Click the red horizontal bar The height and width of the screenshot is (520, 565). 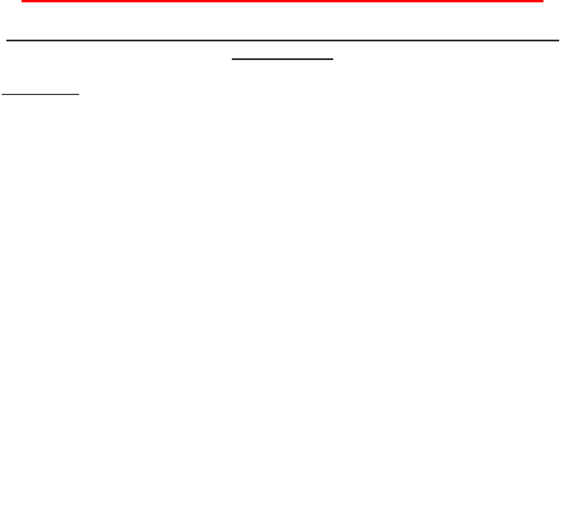(282, 2)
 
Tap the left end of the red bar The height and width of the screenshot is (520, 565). (23, 2)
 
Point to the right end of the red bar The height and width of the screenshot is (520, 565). (542, 2)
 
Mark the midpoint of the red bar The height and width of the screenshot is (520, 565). (282, 2)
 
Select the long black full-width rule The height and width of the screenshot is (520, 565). (282, 41)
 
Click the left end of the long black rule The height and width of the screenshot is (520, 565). (7, 41)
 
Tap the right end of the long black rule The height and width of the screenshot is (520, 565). (558, 41)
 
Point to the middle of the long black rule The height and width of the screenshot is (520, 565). (282, 41)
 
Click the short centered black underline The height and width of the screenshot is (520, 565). (282, 59)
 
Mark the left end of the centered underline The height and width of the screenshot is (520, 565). (232, 59)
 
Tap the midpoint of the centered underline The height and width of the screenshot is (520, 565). (282, 59)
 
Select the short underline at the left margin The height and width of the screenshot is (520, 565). (40, 93)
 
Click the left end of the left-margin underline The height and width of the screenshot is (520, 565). (2, 93)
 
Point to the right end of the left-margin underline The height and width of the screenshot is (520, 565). (79, 93)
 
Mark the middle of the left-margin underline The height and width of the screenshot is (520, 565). (40, 93)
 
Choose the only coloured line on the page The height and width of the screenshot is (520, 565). (282, 2)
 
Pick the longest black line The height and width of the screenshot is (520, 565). (282, 41)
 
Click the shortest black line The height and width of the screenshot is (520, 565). (40, 93)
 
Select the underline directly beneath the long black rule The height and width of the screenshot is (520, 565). (282, 59)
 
